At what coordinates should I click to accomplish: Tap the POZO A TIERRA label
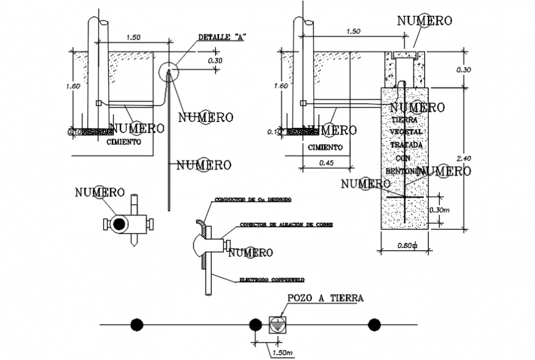(x=325, y=298)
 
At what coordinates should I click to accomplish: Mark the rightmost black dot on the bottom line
(x=374, y=324)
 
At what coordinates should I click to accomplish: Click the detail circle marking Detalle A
(x=167, y=71)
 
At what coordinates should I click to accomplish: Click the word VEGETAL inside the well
(x=404, y=132)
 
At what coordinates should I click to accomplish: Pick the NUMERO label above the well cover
(x=424, y=20)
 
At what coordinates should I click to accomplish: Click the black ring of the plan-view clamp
(x=117, y=224)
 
